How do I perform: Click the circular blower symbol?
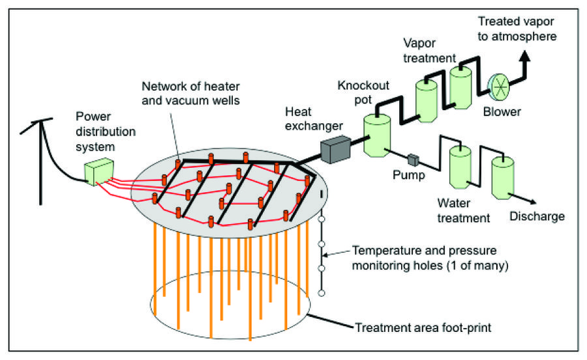coord(498,85)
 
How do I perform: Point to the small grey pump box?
coord(412,158)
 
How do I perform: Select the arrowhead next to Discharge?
coord(536,203)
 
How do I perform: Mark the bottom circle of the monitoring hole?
coord(321,293)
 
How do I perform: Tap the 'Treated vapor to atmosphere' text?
coord(517,28)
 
